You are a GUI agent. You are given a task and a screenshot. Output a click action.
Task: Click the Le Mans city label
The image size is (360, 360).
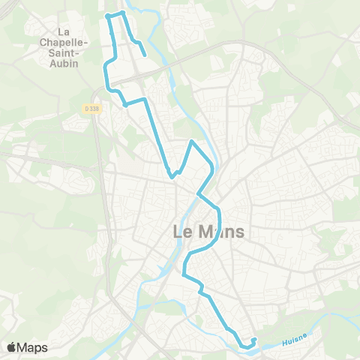pyautogui.click(x=208, y=232)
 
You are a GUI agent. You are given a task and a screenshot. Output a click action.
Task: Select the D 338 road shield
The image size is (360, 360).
pyautogui.click(x=92, y=108)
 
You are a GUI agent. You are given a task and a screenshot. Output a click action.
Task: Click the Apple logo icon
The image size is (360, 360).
pyautogui.click(x=12, y=347)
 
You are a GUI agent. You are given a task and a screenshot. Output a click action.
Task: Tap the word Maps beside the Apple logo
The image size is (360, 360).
pyautogui.click(x=33, y=347)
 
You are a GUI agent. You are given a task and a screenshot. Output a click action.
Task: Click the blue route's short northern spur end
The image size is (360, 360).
pyautogui.click(x=144, y=54)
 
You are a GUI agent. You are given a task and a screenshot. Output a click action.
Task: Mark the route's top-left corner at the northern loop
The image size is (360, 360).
pyautogui.click(x=107, y=15)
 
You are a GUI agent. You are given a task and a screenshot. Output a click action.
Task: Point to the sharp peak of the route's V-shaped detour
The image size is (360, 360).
pyautogui.click(x=193, y=141)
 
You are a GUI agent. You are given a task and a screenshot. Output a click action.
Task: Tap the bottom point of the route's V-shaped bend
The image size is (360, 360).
pyautogui.click(x=172, y=177)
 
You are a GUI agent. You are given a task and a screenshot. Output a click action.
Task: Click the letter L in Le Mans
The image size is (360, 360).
pyautogui.click(x=178, y=232)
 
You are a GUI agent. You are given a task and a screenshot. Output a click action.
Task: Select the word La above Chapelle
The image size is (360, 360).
pyautogui.click(x=64, y=32)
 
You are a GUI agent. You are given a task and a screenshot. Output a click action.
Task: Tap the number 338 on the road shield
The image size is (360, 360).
pyautogui.click(x=94, y=108)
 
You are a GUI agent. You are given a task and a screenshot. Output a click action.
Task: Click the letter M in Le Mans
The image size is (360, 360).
pyautogui.click(x=203, y=232)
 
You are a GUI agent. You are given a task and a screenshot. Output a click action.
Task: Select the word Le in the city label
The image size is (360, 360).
pyautogui.click(x=182, y=232)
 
